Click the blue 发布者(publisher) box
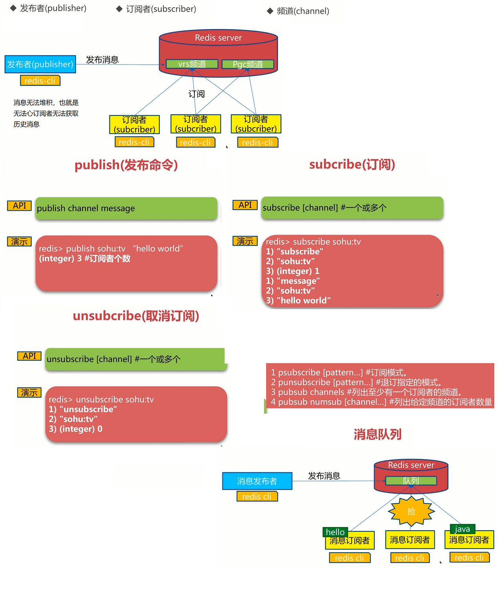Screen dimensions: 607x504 (40, 64)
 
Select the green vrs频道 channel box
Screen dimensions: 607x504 (192, 64)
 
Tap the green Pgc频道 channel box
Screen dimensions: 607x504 (248, 64)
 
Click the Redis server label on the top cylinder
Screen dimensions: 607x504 (218, 38)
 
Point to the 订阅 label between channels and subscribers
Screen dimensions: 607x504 (196, 94)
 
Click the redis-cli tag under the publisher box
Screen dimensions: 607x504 (40, 81)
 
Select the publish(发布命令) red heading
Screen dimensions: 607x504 (126, 165)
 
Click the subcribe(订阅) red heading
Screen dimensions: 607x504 (352, 164)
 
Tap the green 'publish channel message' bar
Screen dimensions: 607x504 (126, 208)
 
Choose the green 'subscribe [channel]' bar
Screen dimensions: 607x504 (352, 208)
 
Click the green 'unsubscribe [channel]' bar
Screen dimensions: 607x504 (136, 359)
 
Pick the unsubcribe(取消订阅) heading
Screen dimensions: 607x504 (136, 316)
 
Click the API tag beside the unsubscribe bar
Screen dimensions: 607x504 (30, 356)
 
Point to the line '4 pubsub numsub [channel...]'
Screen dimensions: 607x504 (381, 402)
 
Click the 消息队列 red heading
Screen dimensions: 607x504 (377, 434)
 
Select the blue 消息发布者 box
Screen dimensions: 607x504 (257, 481)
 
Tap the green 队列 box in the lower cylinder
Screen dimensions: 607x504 (411, 481)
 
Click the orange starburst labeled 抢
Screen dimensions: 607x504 (411, 511)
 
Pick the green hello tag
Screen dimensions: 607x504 (335, 532)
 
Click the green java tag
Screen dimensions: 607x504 (462, 529)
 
